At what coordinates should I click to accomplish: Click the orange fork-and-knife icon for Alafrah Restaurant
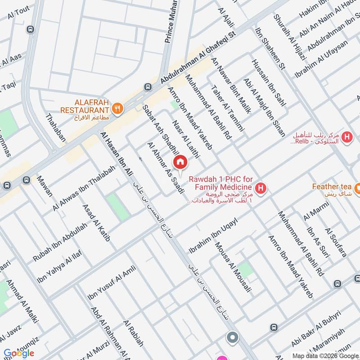pyautogui.click(x=117, y=108)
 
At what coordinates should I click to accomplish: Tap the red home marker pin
pyautogui.click(x=180, y=162)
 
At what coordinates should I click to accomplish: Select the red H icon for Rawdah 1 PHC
pyautogui.click(x=260, y=188)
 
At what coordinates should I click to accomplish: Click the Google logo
pyautogui.click(x=18, y=353)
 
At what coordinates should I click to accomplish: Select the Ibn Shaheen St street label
pyautogui.click(x=270, y=48)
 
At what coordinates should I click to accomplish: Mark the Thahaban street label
pyautogui.click(x=55, y=128)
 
